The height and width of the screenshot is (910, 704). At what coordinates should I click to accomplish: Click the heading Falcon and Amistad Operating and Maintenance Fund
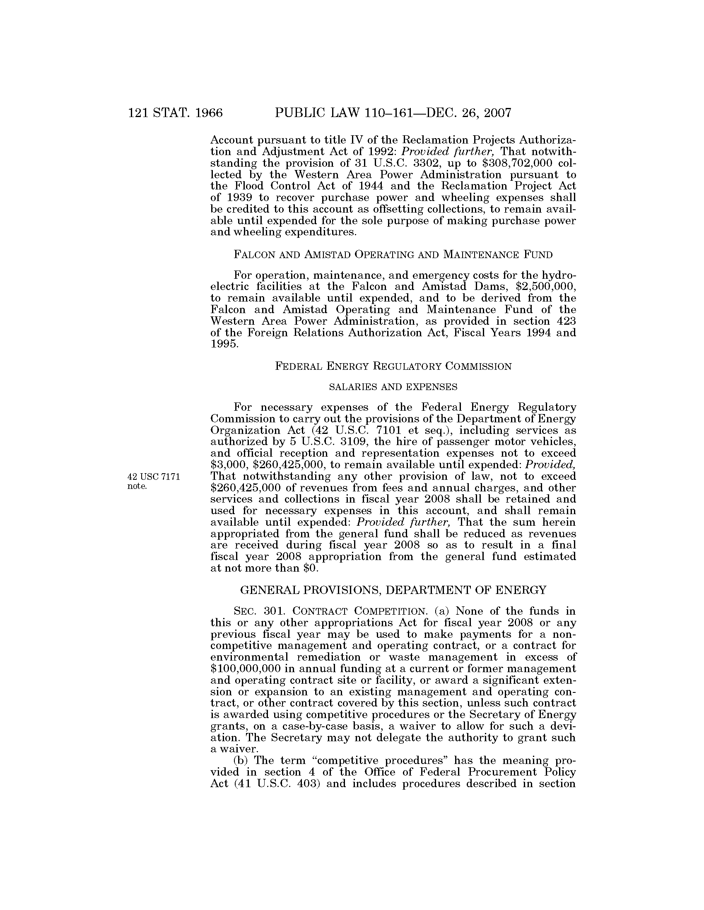393,254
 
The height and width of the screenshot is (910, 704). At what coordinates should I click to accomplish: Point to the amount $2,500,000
546,287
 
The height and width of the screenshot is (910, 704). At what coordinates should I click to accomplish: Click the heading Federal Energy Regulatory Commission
393,366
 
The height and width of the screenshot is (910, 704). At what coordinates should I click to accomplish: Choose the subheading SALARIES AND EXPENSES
393,387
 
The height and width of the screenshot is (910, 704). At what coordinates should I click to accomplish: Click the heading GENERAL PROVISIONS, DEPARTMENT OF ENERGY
393,590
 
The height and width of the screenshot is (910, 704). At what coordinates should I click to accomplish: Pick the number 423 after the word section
567,321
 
